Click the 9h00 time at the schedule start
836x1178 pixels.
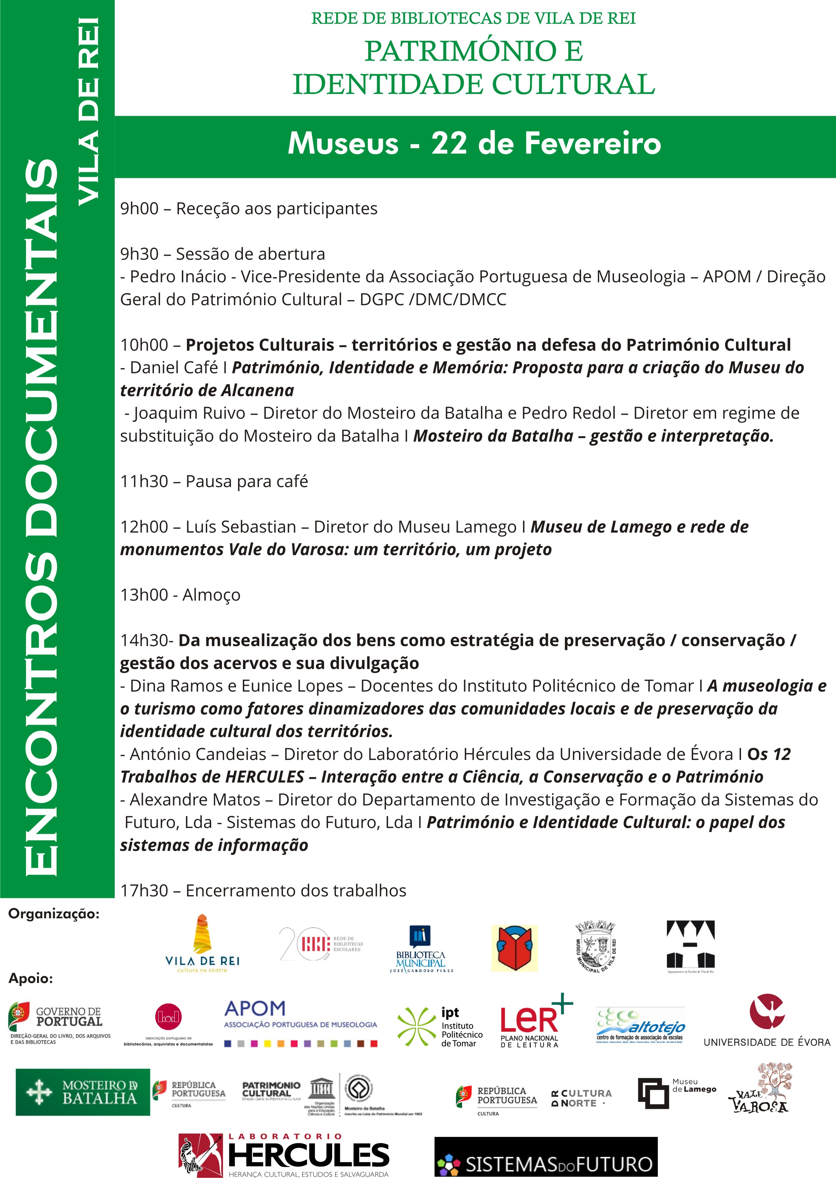[139, 209]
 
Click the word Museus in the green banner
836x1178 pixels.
[343, 143]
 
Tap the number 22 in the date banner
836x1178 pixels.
[448, 143]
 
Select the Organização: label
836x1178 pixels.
[54, 914]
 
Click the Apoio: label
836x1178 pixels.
[30, 978]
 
